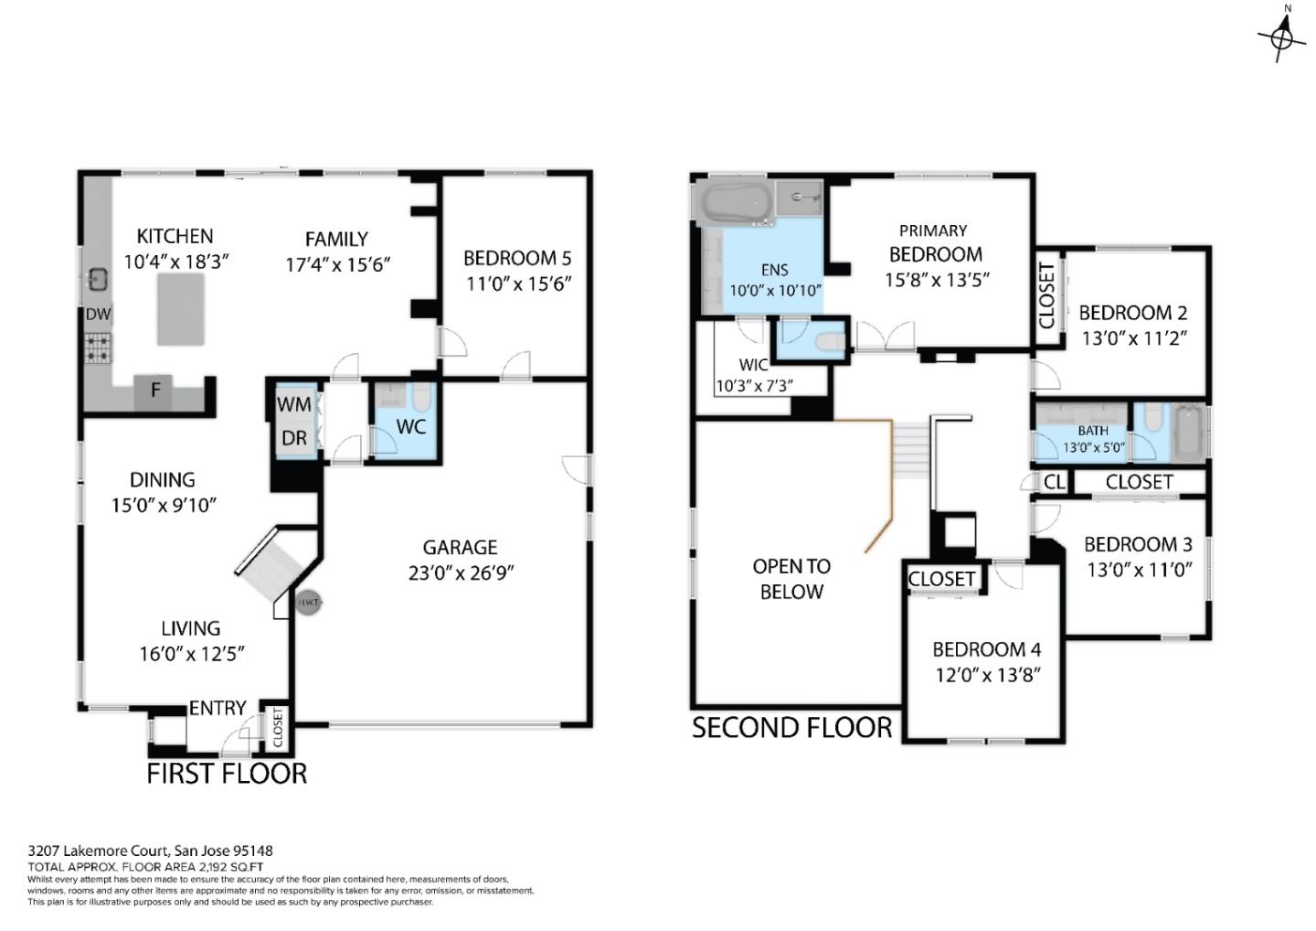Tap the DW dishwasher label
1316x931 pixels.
coord(98,315)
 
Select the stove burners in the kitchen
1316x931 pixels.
coord(98,348)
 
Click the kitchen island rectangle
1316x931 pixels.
coord(181,309)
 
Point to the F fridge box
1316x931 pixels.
coord(155,391)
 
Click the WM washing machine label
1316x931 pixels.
coord(294,404)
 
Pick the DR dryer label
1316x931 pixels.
coord(294,439)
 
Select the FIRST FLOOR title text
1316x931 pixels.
coord(227,774)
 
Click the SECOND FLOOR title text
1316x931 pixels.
coord(791,728)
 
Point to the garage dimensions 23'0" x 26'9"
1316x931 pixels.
coord(461,573)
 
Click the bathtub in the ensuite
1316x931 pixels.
coord(734,204)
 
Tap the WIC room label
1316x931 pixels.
coord(753,365)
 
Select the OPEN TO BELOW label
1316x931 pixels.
coord(791,579)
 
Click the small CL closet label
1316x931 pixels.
coord(1054,481)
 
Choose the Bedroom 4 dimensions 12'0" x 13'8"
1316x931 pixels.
coord(987,675)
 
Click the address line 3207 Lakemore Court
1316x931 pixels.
coord(150,851)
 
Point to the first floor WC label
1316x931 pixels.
coord(411,427)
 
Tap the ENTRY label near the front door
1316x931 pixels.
coord(218,708)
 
